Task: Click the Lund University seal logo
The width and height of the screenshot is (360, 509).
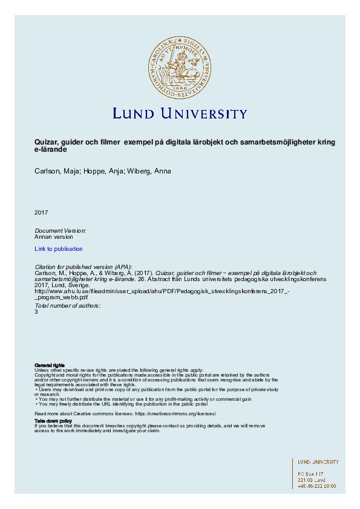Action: point(180,66)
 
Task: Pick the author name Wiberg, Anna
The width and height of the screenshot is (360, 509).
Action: point(151,171)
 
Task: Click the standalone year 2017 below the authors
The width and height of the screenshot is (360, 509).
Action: point(41,212)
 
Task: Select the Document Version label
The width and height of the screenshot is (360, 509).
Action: point(61,231)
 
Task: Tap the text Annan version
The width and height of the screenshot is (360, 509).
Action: point(54,237)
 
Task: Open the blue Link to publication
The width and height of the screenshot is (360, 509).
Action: point(59,249)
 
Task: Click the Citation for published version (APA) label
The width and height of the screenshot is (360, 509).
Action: point(83,267)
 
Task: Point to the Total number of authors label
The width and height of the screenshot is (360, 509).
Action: point(67,306)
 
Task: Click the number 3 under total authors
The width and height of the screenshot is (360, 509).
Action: point(36,312)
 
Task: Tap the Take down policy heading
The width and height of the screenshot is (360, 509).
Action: point(53,420)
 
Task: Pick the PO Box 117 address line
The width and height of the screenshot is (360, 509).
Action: point(311,473)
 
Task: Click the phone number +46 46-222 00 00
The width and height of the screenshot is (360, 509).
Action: point(317,485)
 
